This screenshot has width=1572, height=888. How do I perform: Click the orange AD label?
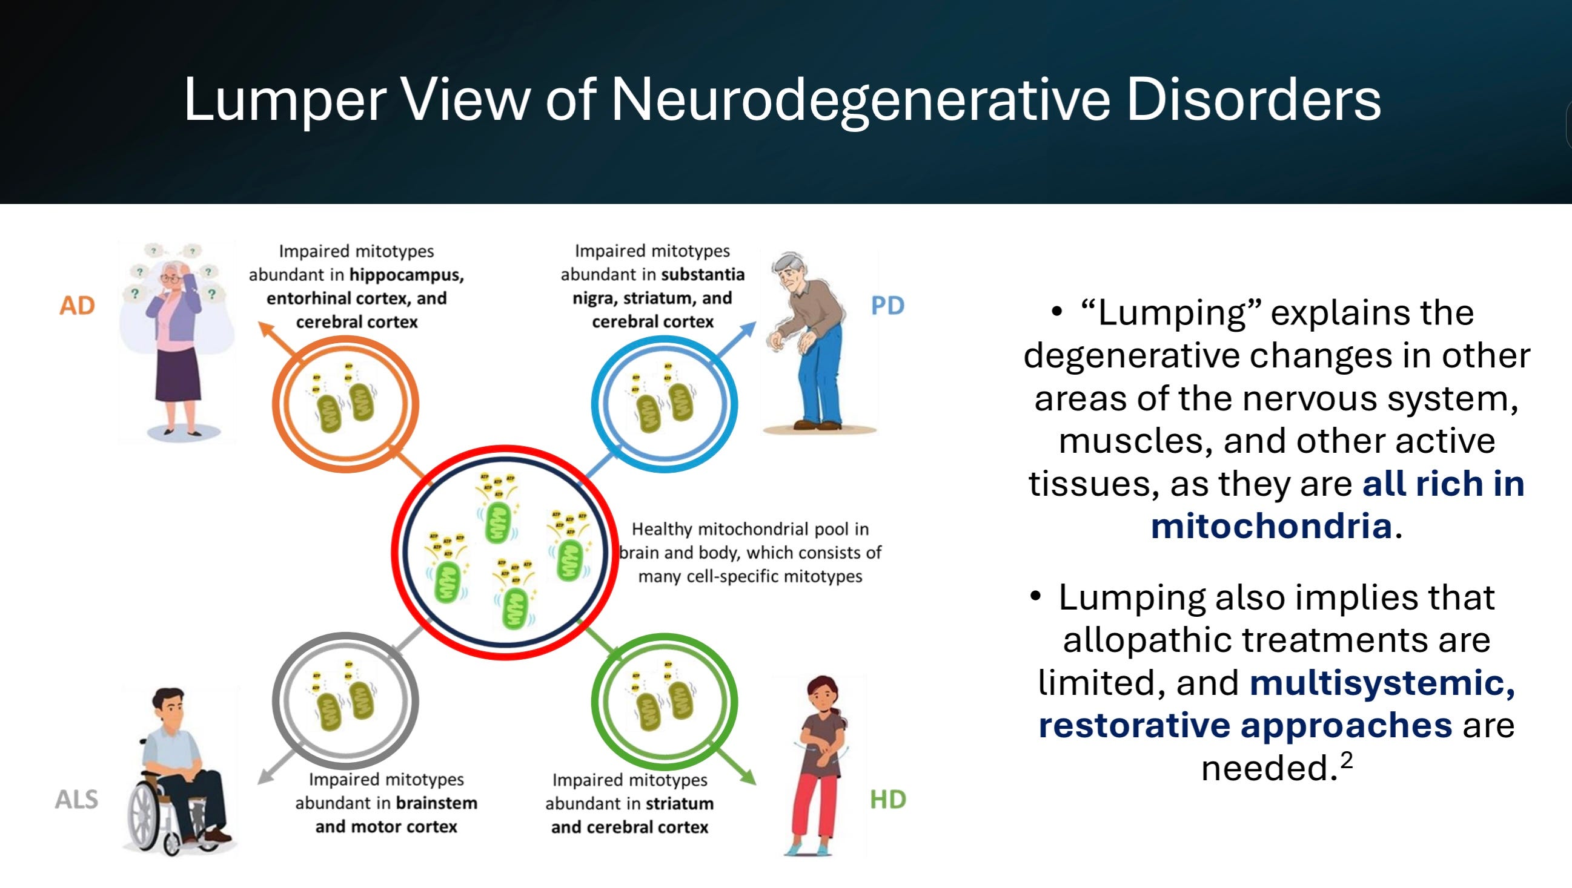(77, 306)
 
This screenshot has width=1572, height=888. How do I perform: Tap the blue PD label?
(887, 306)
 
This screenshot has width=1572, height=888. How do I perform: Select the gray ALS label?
(76, 800)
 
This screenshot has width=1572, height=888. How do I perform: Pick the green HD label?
(888, 800)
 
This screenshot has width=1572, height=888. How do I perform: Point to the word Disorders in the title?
(1253, 99)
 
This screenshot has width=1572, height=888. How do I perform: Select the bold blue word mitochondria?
(1271, 526)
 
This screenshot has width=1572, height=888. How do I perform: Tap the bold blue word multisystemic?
(1382, 682)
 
